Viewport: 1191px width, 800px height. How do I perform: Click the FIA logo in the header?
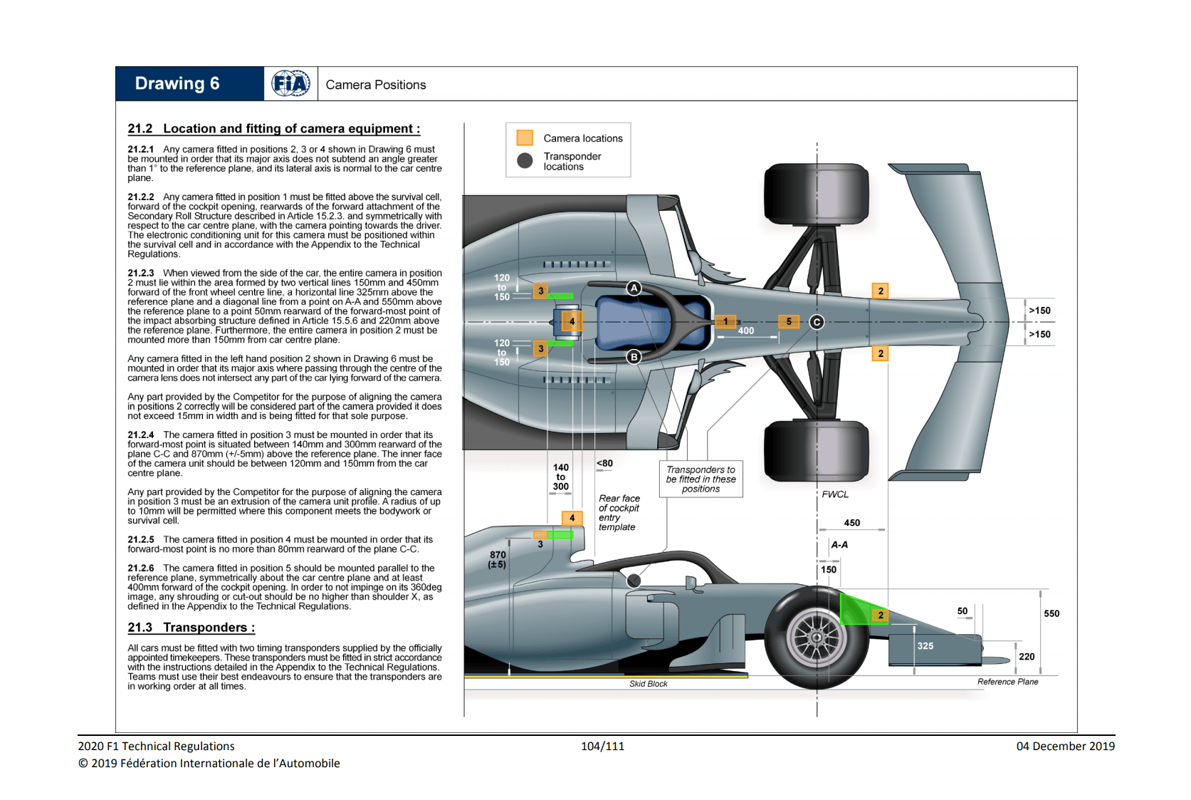(290, 84)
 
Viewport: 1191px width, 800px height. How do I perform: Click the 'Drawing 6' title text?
(177, 84)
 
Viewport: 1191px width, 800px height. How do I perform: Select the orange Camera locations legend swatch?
(525, 137)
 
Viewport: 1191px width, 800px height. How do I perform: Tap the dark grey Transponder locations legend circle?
(525, 161)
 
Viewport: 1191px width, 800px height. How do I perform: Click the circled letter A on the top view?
(634, 288)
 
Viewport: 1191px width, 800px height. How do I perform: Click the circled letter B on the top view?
(634, 357)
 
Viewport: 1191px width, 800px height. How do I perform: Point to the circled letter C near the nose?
(817, 322)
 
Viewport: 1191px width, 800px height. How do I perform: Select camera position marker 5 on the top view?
(789, 322)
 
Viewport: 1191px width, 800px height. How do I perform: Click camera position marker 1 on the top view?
(725, 322)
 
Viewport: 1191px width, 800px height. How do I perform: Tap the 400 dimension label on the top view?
(746, 331)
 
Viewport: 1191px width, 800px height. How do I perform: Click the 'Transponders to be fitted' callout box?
(701, 479)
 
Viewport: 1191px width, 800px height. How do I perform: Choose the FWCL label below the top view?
(835, 494)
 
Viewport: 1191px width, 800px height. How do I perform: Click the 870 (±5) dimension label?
(498, 560)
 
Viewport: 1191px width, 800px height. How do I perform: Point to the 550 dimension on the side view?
(1051, 613)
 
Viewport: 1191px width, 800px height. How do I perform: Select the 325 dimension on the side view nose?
(925, 646)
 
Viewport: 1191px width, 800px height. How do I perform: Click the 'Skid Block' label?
(648, 684)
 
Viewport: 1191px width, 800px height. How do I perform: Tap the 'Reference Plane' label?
(1007, 682)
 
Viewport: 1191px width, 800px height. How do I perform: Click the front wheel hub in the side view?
(817, 636)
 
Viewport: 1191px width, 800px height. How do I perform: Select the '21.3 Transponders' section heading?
(191, 628)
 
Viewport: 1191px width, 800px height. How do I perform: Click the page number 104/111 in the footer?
(602, 746)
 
